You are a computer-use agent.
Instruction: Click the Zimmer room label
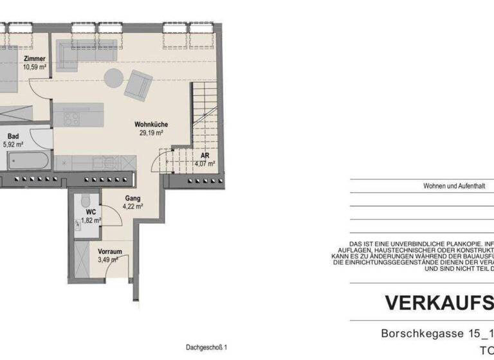tap(35, 59)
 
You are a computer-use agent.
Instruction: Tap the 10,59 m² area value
tap(35, 66)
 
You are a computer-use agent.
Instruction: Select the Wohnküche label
tap(148, 125)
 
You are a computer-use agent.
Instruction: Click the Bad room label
tap(13, 136)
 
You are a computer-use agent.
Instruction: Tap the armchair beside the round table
tap(139, 84)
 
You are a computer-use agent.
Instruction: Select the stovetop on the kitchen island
tap(71, 118)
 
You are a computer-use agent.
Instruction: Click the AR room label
tap(205, 156)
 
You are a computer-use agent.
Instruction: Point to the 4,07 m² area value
tap(205, 163)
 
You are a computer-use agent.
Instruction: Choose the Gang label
tap(133, 199)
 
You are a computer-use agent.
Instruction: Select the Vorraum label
tap(109, 251)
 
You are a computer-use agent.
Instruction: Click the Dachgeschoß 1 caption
tap(206, 347)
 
